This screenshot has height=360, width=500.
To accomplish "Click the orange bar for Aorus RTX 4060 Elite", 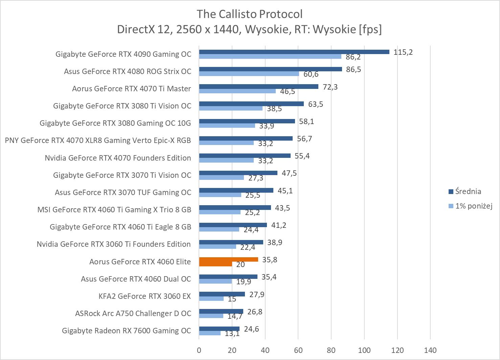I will (228, 260).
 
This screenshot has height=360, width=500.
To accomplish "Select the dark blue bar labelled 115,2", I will (294, 52).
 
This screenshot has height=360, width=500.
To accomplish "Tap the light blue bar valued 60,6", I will (249, 74).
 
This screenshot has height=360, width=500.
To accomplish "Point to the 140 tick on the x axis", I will (430, 350).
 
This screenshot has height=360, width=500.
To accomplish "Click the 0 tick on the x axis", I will (199, 350).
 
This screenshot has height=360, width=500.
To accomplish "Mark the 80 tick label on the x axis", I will (331, 350).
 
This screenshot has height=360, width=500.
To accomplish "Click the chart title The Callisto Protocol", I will (250, 14).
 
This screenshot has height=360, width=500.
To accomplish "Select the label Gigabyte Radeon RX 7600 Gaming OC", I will (127, 331).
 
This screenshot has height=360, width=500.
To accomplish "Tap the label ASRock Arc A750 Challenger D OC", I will (133, 313).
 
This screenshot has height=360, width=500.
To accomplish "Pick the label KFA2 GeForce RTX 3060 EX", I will (145, 296).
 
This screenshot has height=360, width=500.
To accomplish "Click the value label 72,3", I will (330, 87).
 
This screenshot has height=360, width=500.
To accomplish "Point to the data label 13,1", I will (232, 334).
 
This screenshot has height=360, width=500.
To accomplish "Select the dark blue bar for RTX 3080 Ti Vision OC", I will (251, 104).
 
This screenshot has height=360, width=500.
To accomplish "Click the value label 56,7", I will (304, 139).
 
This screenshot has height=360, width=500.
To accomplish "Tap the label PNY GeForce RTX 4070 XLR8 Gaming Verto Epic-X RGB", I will (98, 140).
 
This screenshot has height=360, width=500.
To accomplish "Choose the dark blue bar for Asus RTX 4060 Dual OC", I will (228, 277).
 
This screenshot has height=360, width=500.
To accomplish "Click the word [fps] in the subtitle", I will (370, 29).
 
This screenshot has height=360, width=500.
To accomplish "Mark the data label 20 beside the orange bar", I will (240, 264).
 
